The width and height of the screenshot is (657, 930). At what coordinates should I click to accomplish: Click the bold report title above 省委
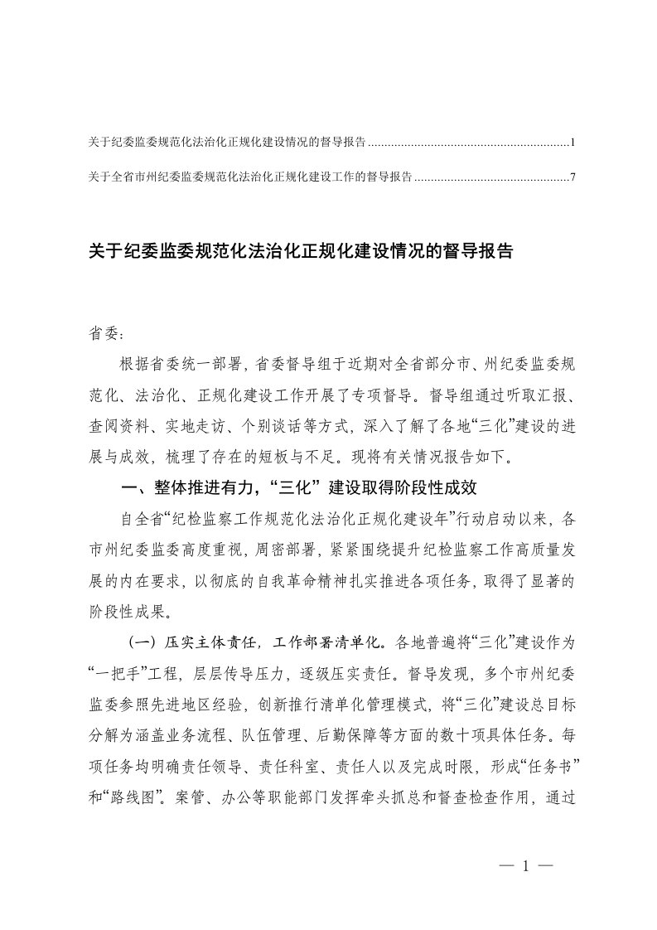click(x=301, y=252)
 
